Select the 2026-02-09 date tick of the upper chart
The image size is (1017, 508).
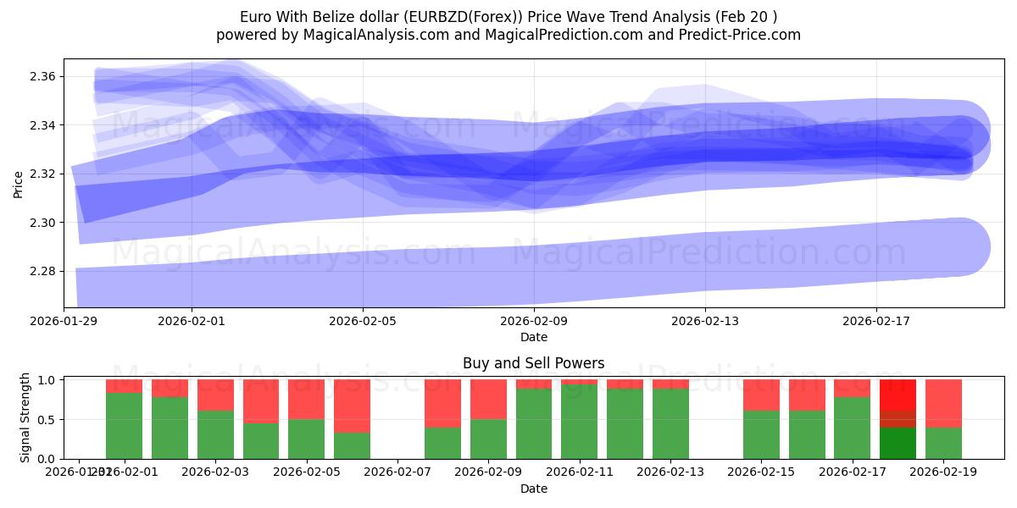pos(534,321)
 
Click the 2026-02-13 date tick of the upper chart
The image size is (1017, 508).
pos(705,321)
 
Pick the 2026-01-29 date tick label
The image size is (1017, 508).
pos(64,321)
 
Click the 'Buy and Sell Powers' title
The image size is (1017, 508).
pos(533,363)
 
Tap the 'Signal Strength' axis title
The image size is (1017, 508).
pos(25,417)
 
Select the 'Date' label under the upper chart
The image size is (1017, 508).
pos(533,337)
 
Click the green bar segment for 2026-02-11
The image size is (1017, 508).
pos(580,422)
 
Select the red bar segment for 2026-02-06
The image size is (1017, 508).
pos(352,406)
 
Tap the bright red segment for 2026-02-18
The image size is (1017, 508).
pos(898,395)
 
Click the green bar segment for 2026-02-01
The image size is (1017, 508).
pos(124,426)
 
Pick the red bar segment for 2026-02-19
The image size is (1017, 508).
pos(943,403)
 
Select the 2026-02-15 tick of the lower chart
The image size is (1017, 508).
pos(761,472)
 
